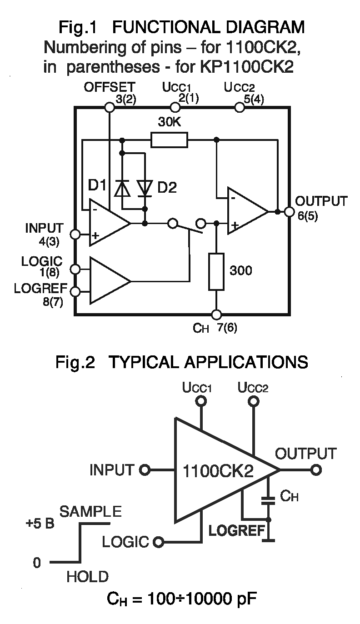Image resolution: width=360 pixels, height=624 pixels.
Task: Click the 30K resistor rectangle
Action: (x=169, y=140)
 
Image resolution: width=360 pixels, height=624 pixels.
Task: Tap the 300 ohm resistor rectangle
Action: (x=216, y=271)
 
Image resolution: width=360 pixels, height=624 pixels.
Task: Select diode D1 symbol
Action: (x=121, y=189)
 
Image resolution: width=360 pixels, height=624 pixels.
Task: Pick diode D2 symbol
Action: (x=145, y=189)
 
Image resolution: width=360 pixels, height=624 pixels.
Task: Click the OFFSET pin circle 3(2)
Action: (x=110, y=107)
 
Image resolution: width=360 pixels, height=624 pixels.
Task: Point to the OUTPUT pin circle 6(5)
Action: (x=289, y=212)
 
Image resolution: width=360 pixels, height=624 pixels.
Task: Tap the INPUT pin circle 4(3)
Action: (x=75, y=235)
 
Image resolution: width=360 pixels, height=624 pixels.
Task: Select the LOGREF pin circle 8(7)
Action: (x=75, y=291)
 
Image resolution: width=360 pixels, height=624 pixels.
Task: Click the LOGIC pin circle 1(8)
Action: (x=75, y=270)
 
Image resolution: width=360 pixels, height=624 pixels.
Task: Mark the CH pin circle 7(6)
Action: (x=216, y=314)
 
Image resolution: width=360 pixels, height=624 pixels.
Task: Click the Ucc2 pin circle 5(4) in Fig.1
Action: (x=239, y=107)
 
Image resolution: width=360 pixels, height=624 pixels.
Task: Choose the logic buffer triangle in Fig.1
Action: (x=109, y=280)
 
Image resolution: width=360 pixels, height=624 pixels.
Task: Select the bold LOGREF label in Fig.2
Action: (x=236, y=530)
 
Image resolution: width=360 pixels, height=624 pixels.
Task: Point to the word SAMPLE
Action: (x=91, y=511)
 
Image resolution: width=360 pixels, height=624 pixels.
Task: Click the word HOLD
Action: (x=88, y=577)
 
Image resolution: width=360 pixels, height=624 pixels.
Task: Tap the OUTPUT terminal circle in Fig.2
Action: (x=316, y=470)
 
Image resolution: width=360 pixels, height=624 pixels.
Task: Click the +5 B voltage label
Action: (x=40, y=523)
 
